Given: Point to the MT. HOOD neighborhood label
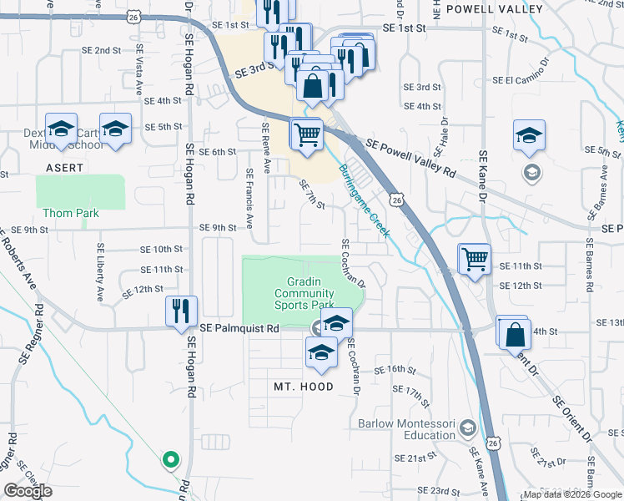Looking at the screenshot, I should click(x=304, y=387).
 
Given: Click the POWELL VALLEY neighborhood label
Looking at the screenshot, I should click(x=495, y=9).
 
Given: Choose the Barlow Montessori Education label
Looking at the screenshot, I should click(x=407, y=429).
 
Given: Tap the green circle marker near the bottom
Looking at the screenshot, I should click(x=170, y=458).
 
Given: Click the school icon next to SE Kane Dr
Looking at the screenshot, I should click(x=528, y=136).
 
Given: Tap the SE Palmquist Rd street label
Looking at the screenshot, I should click(x=239, y=329).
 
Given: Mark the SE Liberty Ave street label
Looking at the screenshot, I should click(x=100, y=272).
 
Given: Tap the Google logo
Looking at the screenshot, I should click(x=28, y=491).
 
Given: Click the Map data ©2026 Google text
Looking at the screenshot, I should click(x=572, y=494).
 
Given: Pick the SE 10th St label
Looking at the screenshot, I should click(x=161, y=250).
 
